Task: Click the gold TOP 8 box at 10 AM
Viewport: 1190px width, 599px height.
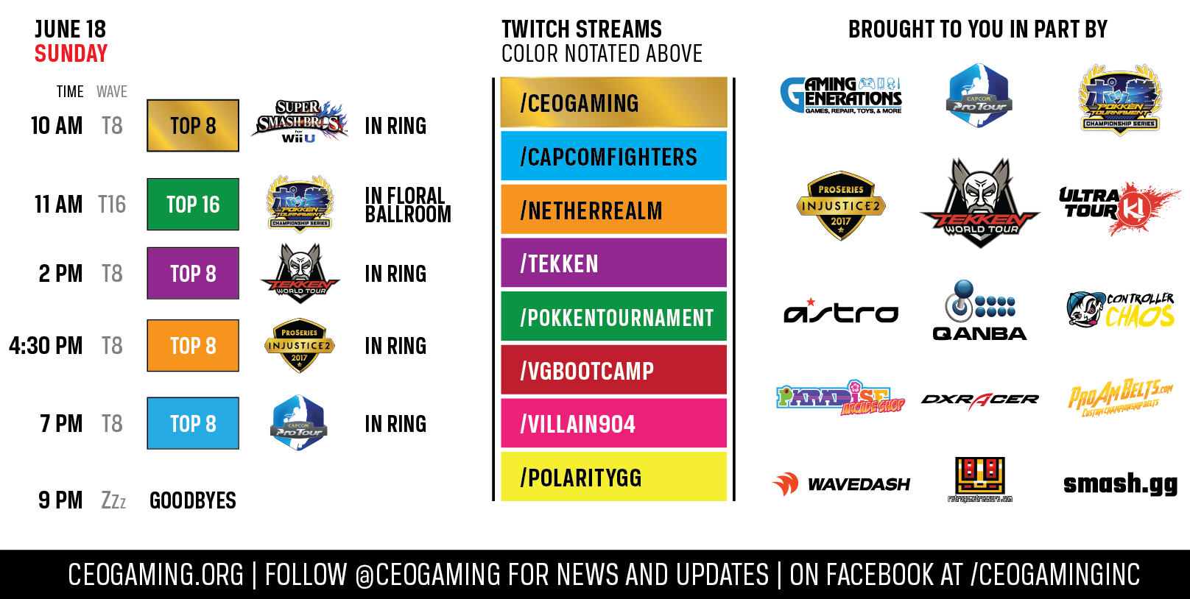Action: click(193, 126)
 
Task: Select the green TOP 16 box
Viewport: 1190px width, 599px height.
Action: click(193, 205)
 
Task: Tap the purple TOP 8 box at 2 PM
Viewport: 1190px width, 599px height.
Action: click(193, 274)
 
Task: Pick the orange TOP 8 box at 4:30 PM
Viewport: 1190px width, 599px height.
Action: click(193, 346)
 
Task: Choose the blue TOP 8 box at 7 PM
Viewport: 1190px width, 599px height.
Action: click(193, 424)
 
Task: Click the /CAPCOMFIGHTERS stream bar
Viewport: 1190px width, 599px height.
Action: click(613, 156)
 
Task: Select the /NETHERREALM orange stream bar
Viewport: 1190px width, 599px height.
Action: click(613, 210)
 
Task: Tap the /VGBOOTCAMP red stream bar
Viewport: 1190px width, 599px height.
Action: click(613, 370)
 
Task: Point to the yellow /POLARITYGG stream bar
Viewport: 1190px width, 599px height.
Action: click(613, 477)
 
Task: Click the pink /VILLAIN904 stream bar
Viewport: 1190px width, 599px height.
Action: click(613, 424)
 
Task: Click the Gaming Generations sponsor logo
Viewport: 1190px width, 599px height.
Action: click(841, 96)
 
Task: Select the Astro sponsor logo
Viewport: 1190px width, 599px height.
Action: click(841, 313)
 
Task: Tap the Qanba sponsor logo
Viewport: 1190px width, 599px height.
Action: click(979, 311)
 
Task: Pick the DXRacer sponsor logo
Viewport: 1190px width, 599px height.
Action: click(979, 400)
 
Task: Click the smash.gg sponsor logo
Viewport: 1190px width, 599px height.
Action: click(1120, 483)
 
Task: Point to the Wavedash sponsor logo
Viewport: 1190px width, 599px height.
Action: click(841, 483)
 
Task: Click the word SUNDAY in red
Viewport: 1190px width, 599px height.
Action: click(71, 54)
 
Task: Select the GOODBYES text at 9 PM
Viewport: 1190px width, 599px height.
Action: click(193, 501)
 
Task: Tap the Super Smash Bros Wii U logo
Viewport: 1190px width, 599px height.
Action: click(299, 121)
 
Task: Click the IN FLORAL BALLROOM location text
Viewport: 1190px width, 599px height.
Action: click(407, 205)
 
